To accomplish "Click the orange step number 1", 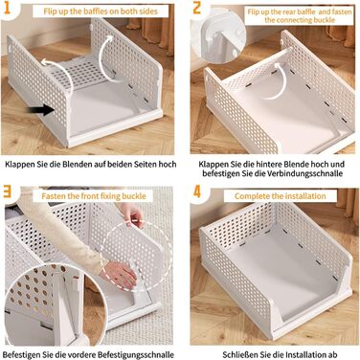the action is point(7,8).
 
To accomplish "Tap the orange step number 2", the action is point(197,9).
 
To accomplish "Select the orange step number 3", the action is point(7,191).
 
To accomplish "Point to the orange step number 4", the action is point(197,191).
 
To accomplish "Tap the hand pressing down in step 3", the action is point(119,274).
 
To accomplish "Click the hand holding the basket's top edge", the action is point(132,215).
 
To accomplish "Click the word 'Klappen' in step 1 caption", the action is point(18,165).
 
